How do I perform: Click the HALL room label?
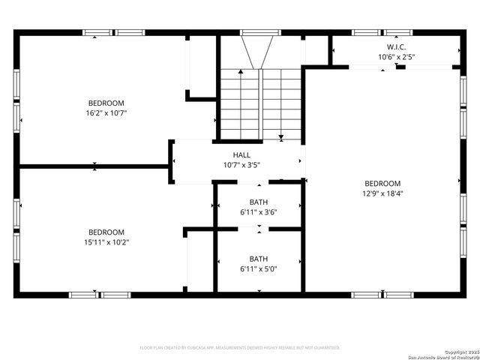coord(241,155)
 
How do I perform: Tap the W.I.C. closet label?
coord(396,46)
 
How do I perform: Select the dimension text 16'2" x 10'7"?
coord(106,113)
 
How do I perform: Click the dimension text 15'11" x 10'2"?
coord(106,242)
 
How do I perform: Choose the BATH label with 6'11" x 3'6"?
coord(259,202)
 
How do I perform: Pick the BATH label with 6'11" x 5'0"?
coord(259,259)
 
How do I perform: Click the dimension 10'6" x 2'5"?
coord(396,57)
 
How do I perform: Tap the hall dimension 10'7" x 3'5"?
coord(241,165)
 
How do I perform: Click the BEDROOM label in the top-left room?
coord(106,103)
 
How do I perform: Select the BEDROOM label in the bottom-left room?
coord(106,232)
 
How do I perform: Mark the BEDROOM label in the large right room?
coord(382,183)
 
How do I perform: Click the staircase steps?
coord(260,103)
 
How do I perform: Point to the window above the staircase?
coord(260,32)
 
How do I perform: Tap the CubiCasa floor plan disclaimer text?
coord(240,347)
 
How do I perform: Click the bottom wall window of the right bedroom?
coord(382,295)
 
